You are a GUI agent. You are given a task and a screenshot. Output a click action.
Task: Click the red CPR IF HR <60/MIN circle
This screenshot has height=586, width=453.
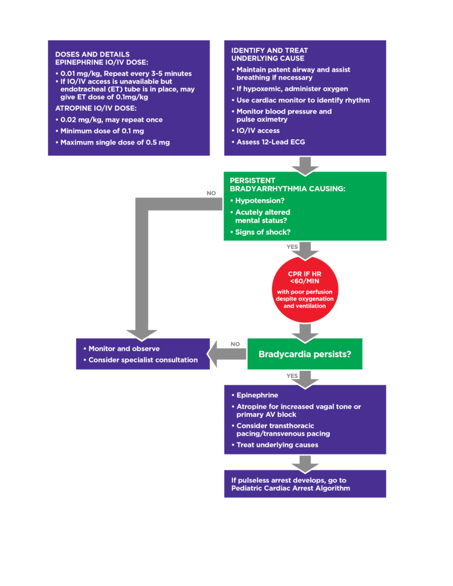click(x=305, y=289)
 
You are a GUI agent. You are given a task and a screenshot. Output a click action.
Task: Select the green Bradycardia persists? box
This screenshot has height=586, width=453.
click(x=305, y=354)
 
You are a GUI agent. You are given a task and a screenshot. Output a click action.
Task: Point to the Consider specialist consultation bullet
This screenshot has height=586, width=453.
click(x=143, y=360)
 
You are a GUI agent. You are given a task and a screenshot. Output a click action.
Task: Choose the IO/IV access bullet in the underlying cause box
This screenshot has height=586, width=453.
click(x=258, y=130)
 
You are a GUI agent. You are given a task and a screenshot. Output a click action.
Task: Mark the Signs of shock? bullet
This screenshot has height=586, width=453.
click(x=264, y=232)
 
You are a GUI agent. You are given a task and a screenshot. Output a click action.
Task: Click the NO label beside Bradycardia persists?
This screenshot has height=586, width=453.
click(x=235, y=344)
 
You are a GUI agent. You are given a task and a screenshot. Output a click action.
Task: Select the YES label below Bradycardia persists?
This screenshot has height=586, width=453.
click(x=292, y=375)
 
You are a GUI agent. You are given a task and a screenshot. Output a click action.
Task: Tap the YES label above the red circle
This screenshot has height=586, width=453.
click(x=292, y=246)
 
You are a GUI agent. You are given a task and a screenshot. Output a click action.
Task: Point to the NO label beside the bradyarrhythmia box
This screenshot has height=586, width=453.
click(x=211, y=193)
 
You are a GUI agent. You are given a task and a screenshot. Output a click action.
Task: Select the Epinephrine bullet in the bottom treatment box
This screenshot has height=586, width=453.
click(x=257, y=395)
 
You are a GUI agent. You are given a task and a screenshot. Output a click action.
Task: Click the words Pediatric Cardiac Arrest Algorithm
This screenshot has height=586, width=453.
click(x=290, y=488)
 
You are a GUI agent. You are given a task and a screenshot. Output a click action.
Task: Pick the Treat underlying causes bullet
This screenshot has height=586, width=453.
click(x=277, y=445)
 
